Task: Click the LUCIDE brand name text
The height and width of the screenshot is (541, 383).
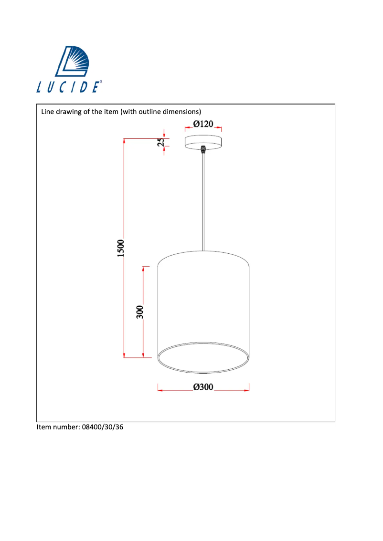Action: (x=69, y=87)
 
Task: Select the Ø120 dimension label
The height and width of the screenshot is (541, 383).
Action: (x=203, y=124)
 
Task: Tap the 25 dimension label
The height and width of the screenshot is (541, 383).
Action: (x=161, y=142)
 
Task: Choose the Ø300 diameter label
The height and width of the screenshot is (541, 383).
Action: (x=203, y=387)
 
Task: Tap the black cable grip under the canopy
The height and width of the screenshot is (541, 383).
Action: (x=203, y=150)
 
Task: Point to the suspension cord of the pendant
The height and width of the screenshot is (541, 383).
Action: (x=203, y=200)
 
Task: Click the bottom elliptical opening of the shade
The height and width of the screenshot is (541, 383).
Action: (x=203, y=357)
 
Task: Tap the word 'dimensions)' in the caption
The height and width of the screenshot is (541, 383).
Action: (x=181, y=112)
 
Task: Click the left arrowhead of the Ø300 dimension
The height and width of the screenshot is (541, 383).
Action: (x=160, y=391)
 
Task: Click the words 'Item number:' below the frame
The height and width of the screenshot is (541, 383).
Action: (x=56, y=427)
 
